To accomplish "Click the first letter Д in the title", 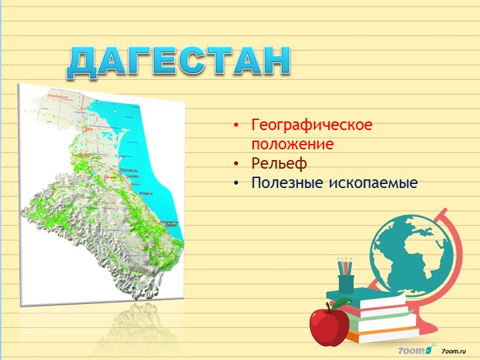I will tap(83, 62).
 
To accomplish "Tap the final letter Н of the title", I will tap(277, 61).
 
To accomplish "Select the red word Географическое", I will tap(312, 125).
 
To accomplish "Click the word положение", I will tap(292, 143).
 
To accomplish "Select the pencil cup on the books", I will tap(345, 283).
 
